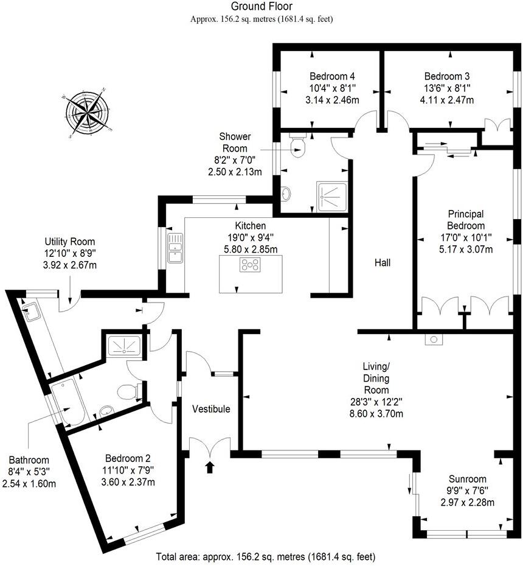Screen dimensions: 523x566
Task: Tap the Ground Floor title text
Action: tap(261, 7)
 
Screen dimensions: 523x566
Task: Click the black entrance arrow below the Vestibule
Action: tap(210, 467)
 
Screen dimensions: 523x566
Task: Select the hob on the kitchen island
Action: tap(251, 265)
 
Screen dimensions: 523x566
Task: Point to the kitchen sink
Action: tap(175, 248)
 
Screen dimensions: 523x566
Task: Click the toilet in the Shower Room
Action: tap(298, 146)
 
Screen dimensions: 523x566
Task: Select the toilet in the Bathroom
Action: tap(130, 391)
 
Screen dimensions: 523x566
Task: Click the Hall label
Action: tap(382, 263)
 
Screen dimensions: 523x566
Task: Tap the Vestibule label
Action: tap(211, 409)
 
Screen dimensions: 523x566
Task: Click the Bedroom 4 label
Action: tap(332, 77)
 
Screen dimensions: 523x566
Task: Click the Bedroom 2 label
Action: tap(128, 458)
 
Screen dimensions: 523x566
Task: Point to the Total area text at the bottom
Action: tap(265, 556)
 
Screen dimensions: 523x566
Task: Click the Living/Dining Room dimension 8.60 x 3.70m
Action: tap(377, 414)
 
